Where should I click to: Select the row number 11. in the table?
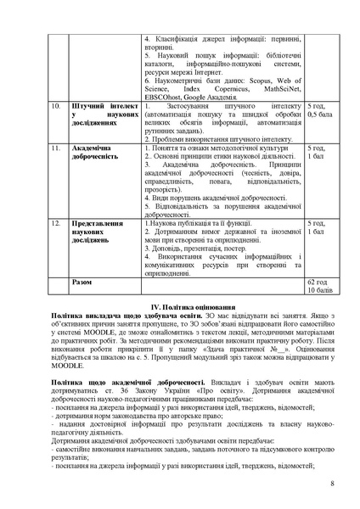pyautogui.click(x=55, y=148)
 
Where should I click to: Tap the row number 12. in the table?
pyautogui.click(x=55, y=223)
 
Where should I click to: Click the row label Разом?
pyautogui.click(x=83, y=282)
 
